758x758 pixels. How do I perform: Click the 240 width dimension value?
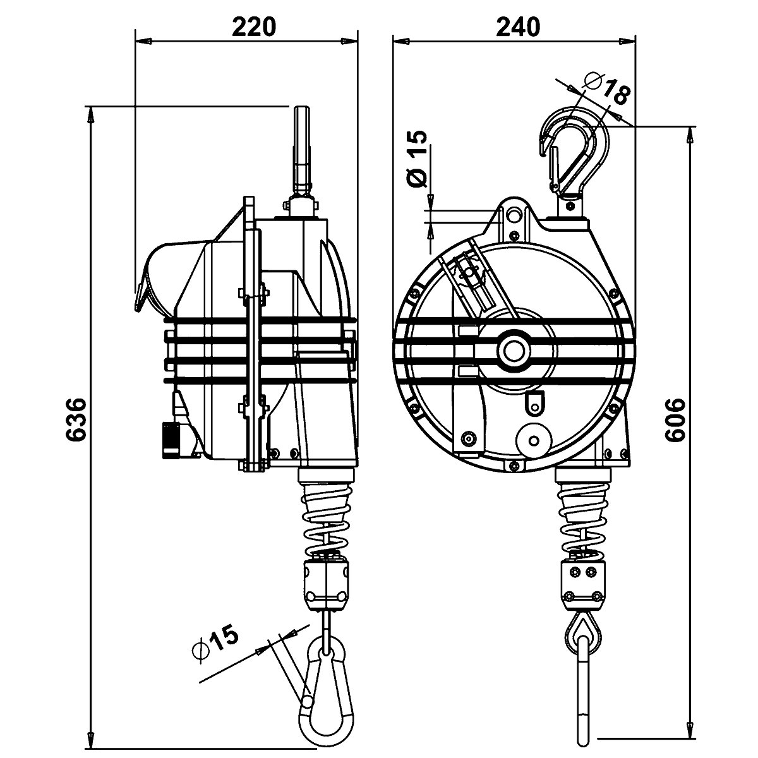(x=517, y=27)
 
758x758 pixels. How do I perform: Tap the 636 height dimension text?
(x=75, y=419)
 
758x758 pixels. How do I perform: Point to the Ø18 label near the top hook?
(x=606, y=88)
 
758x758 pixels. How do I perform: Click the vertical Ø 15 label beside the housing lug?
(x=418, y=159)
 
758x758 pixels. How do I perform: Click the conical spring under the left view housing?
(x=327, y=515)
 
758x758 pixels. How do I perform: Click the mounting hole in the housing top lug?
(x=513, y=216)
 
